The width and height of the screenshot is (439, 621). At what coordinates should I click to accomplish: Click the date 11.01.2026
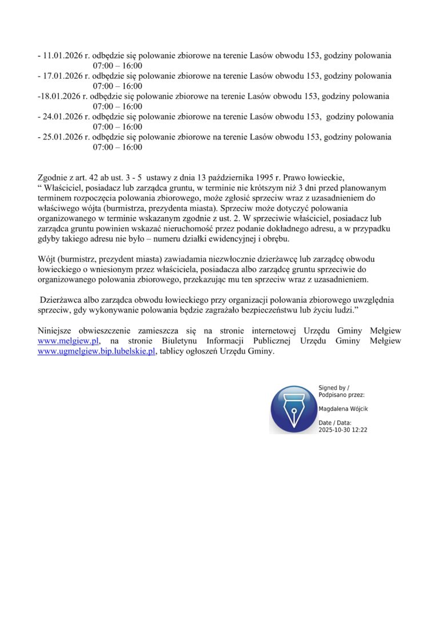point(62,55)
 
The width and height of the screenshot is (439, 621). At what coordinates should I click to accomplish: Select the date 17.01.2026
point(62,76)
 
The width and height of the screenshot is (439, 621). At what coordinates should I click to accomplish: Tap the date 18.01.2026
point(60,96)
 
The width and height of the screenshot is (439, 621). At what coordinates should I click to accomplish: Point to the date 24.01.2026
point(62,117)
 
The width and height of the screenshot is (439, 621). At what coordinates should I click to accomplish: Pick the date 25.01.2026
point(62,137)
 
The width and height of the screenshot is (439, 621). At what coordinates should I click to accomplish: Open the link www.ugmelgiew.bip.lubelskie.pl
point(97,351)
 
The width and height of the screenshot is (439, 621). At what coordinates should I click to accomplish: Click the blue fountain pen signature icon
point(293,408)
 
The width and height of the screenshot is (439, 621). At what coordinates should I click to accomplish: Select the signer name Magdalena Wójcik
point(343,409)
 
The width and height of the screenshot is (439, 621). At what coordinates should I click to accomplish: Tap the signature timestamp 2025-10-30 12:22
point(343,430)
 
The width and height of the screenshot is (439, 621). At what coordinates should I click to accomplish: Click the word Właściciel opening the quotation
point(61,187)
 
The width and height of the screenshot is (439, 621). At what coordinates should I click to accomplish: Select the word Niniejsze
point(56,331)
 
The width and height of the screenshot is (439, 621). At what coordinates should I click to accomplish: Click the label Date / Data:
point(335,423)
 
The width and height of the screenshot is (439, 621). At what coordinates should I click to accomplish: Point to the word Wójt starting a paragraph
point(45,259)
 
